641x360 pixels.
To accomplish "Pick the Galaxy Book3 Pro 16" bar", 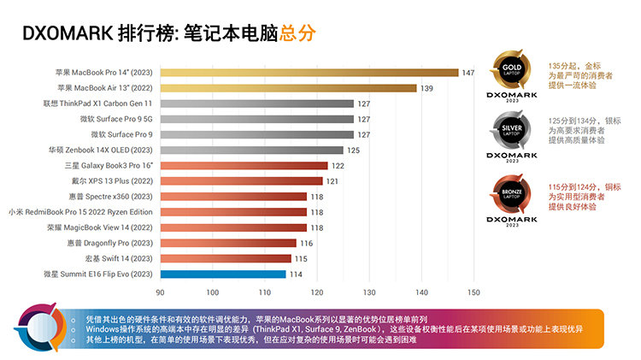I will coord(244,165).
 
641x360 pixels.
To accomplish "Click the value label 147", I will coord(468,73).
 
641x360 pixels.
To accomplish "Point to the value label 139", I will coord(426,88).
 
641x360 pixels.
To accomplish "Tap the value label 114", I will coord(295,274).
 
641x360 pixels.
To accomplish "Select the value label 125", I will coord(352,150).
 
